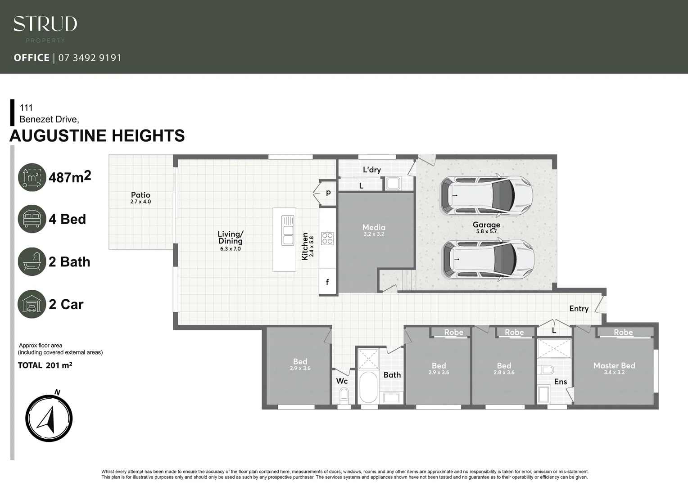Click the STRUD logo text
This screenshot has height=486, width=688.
point(45,24)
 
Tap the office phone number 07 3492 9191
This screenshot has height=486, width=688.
point(90,58)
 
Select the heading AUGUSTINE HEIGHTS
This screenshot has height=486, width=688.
point(97,135)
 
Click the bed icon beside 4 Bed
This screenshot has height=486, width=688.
point(32,219)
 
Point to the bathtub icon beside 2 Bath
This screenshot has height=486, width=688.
point(32,261)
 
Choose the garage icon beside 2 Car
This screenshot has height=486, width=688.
point(32,304)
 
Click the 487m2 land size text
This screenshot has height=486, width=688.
point(70,177)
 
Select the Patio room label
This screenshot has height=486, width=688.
point(140,195)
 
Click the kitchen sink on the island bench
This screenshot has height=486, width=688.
point(288,230)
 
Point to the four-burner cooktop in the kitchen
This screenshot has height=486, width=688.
point(327,238)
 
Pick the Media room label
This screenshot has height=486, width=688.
point(374,228)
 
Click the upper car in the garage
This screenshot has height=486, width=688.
point(486,195)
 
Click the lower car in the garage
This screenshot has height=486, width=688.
point(489,259)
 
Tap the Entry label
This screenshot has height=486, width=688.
point(579,309)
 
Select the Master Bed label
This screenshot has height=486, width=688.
point(614,366)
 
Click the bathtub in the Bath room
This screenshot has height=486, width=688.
point(368,387)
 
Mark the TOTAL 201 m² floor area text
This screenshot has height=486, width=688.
point(45,365)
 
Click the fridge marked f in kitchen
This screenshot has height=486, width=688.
point(327,282)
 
